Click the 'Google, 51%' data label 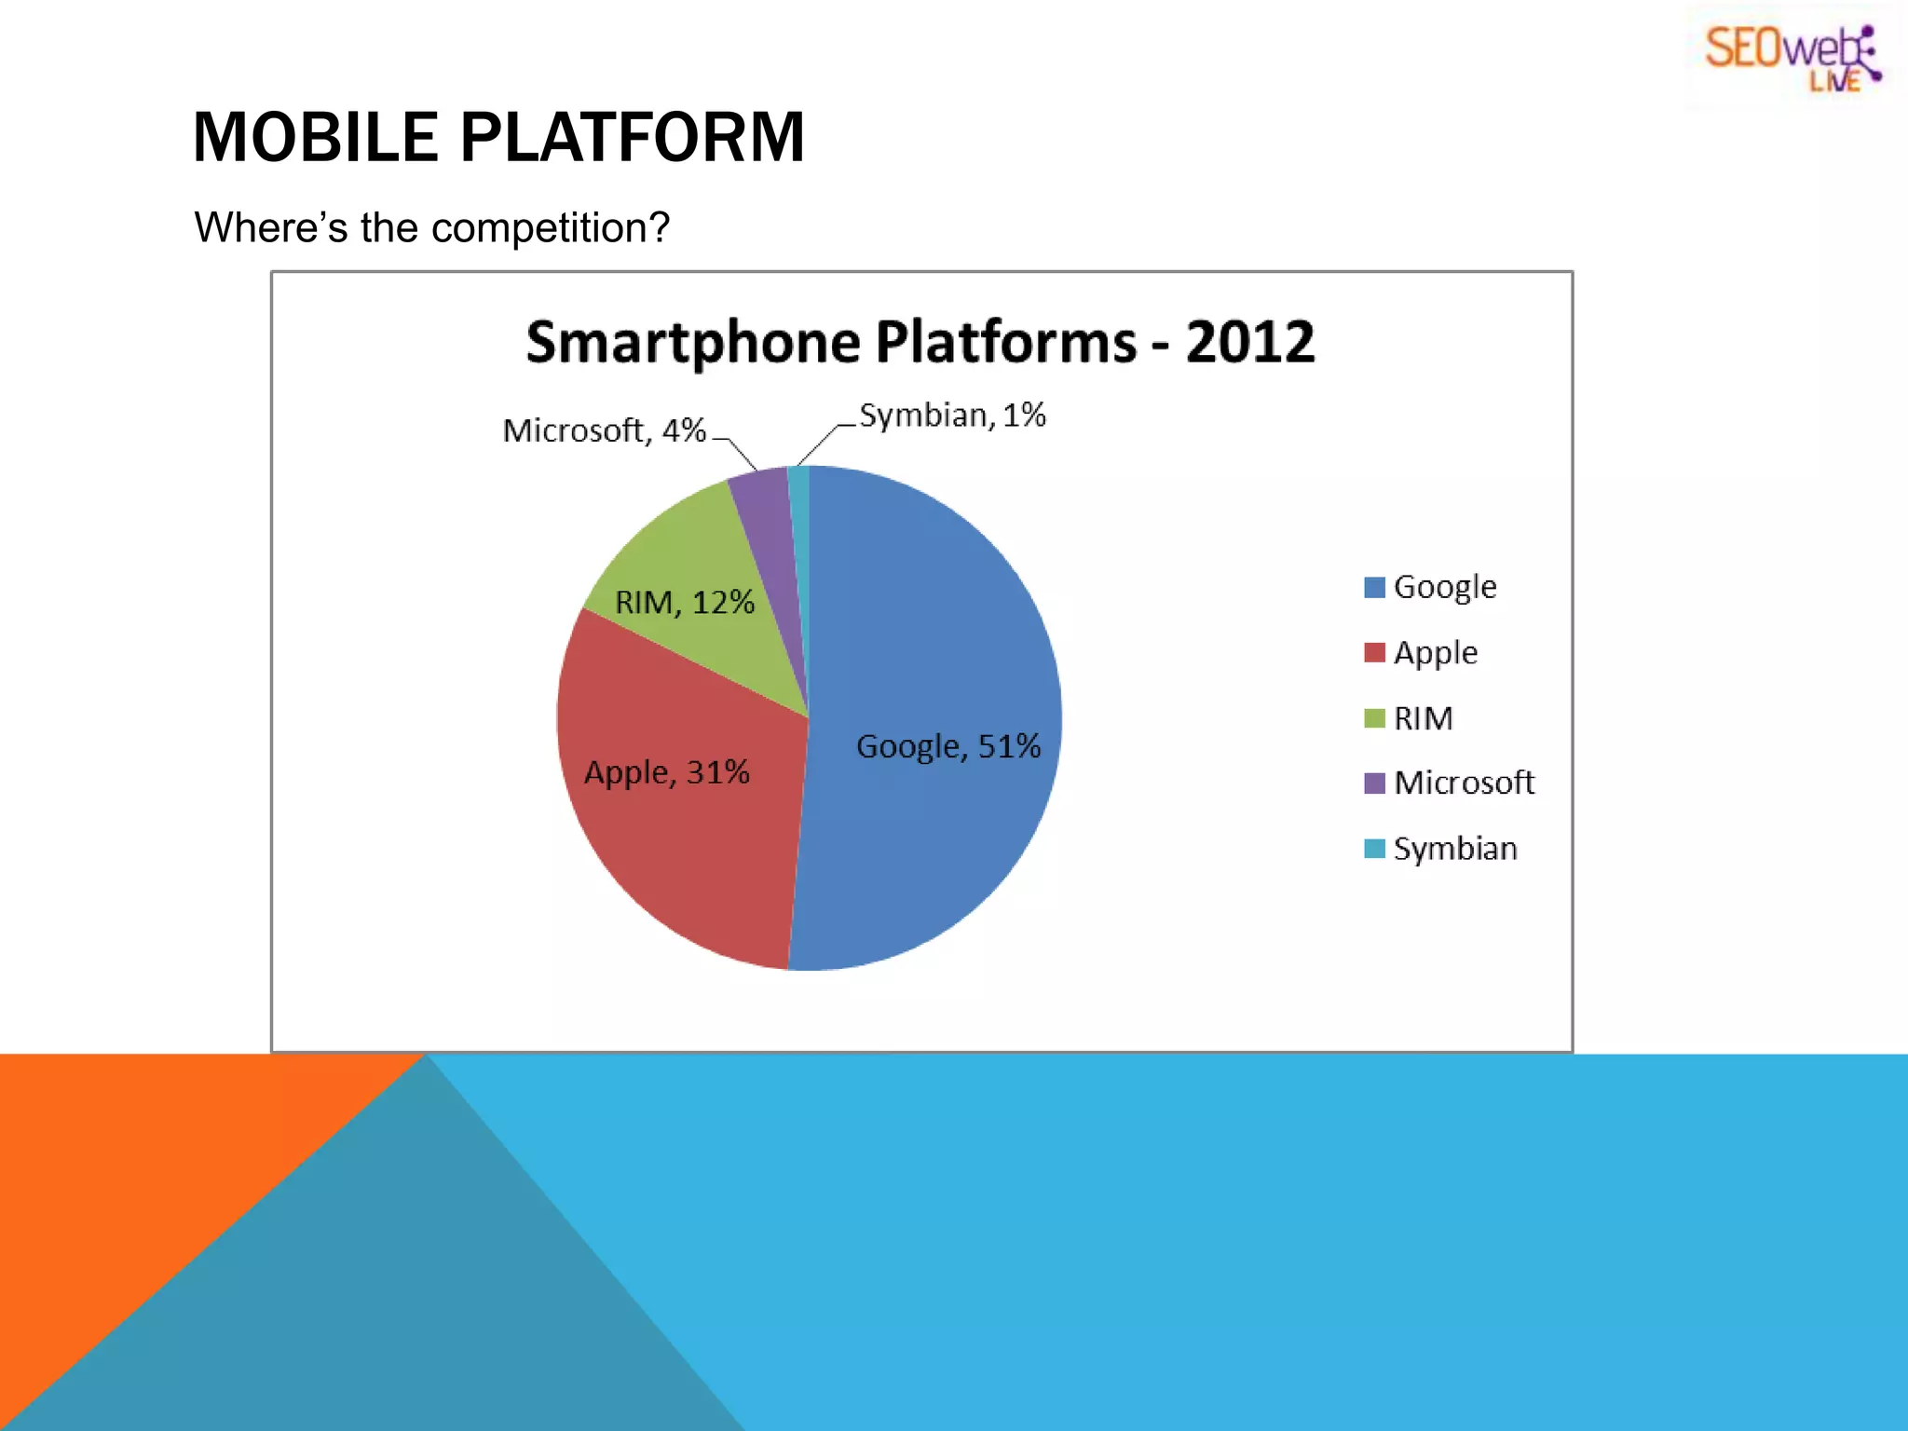[x=947, y=747]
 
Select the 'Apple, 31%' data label [x=666, y=772]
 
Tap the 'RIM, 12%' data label [x=684, y=603]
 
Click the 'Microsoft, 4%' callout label [x=604, y=430]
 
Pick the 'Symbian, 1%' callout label [x=952, y=416]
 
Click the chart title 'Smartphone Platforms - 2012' [x=920, y=342]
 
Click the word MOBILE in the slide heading [x=315, y=138]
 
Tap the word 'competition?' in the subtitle [x=551, y=228]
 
